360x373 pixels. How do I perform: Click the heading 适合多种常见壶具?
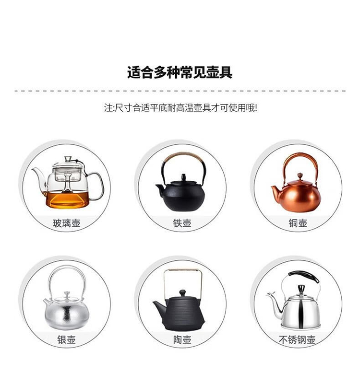pyautogui.click(x=180, y=72)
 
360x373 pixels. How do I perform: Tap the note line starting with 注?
pyautogui.click(x=180, y=108)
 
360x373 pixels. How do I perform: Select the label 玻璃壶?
pyautogui.click(x=67, y=223)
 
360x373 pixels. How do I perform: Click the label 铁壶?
pyautogui.click(x=182, y=223)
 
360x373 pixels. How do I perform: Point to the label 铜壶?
pyautogui.click(x=298, y=223)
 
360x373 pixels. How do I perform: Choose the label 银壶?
pyautogui.click(x=67, y=339)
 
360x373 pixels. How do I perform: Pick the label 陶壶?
pyautogui.click(x=182, y=339)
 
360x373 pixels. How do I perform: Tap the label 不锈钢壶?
pyautogui.click(x=297, y=339)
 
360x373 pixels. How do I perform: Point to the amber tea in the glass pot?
pyautogui.click(x=67, y=200)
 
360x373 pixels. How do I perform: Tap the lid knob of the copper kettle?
pyautogui.click(x=300, y=176)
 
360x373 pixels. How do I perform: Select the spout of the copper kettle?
pyautogui.click(x=276, y=190)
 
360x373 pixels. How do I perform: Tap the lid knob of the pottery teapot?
pyautogui.click(x=182, y=293)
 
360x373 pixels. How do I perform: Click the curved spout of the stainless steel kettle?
pyautogui.click(x=275, y=304)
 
